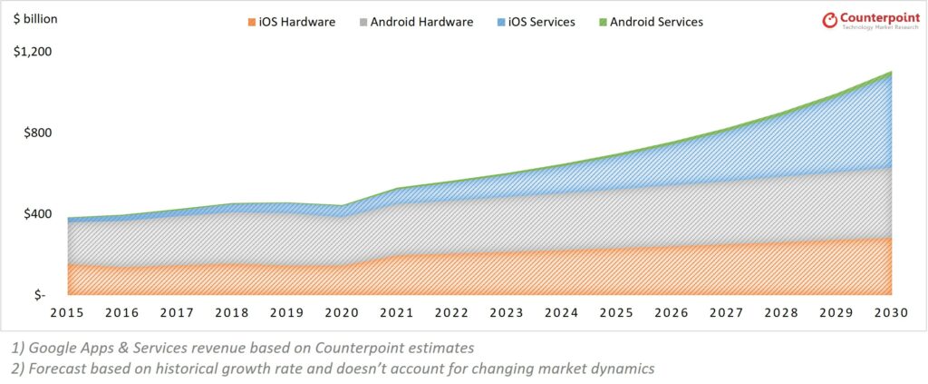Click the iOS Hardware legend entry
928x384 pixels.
pyautogui.click(x=290, y=22)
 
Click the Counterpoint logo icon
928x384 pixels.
pyautogui.click(x=828, y=19)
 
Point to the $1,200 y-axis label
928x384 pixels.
pyautogui.click(x=33, y=52)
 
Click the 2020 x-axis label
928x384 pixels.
pyautogui.click(x=342, y=313)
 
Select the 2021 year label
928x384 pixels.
pyautogui.click(x=397, y=313)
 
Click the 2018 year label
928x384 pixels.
pyautogui.click(x=231, y=313)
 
